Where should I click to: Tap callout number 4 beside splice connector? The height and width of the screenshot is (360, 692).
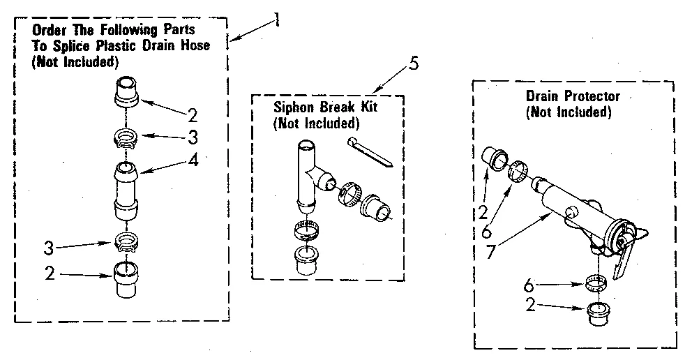pyautogui.click(x=193, y=160)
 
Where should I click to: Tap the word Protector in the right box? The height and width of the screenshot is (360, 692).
pyautogui.click(x=594, y=97)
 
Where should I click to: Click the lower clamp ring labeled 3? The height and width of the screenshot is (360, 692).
pyautogui.click(x=128, y=243)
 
